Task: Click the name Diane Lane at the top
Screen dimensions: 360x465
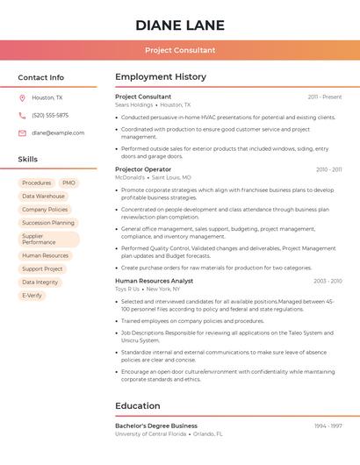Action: click(x=180, y=25)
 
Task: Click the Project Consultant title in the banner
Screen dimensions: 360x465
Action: click(x=180, y=50)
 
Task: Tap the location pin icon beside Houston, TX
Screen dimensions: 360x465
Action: click(x=22, y=98)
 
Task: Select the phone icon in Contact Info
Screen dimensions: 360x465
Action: click(x=22, y=115)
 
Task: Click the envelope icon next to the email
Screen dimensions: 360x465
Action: click(x=22, y=132)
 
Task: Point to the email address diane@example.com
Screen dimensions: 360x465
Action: click(x=58, y=132)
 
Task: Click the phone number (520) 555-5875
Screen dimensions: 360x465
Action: click(x=50, y=115)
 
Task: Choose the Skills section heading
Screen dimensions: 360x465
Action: click(x=28, y=160)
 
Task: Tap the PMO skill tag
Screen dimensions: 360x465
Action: click(x=68, y=183)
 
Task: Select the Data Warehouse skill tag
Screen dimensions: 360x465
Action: click(x=43, y=197)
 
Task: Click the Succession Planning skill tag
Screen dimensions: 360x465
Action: click(x=48, y=223)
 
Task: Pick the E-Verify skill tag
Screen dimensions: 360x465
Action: click(x=32, y=296)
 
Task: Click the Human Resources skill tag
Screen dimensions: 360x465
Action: click(x=45, y=256)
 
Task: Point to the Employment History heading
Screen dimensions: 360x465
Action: click(x=161, y=77)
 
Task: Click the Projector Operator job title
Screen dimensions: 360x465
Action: click(x=143, y=169)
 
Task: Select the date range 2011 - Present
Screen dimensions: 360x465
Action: click(x=325, y=97)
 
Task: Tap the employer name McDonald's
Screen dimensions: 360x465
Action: click(x=130, y=177)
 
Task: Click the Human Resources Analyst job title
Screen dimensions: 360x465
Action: click(x=154, y=281)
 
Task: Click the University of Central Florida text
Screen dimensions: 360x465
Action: click(x=150, y=433)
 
